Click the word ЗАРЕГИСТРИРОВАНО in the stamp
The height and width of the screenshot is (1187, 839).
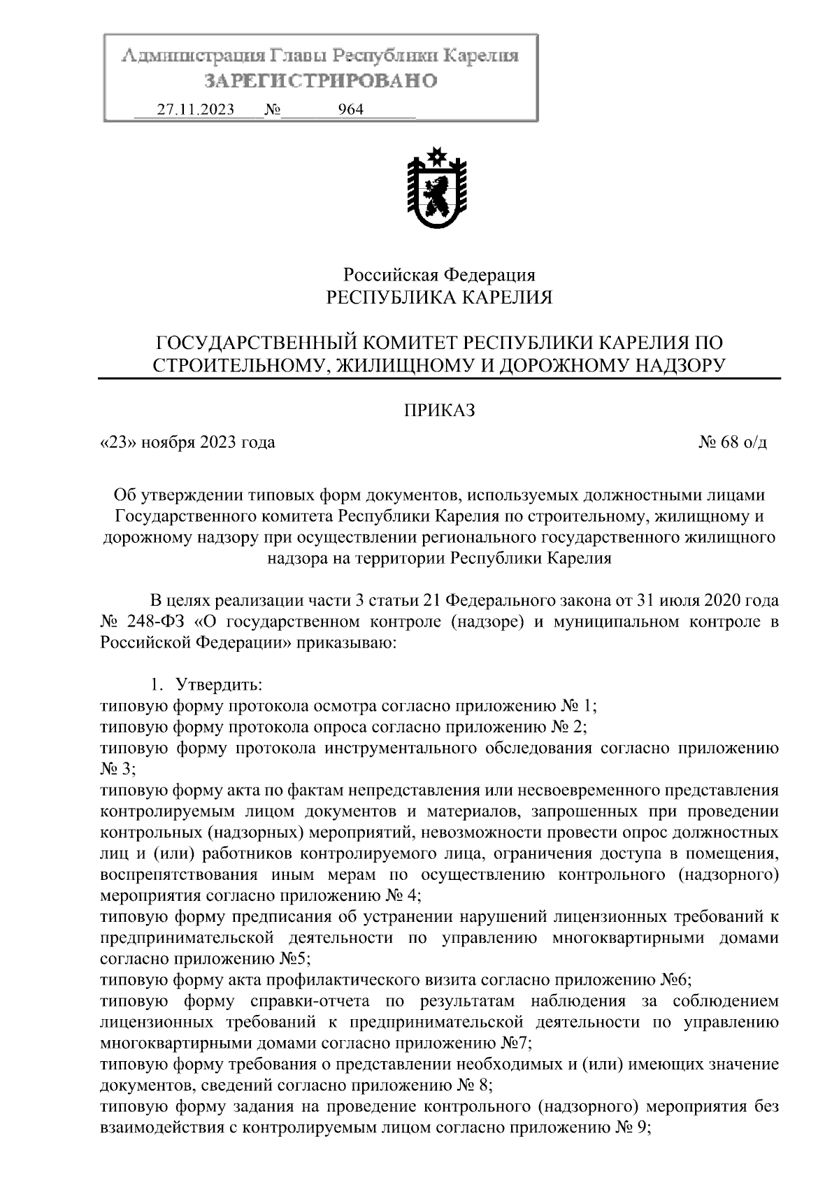point(320,81)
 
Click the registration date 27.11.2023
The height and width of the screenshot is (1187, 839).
point(195,110)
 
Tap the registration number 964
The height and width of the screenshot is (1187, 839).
point(350,110)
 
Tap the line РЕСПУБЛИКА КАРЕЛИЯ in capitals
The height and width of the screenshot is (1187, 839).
point(439,298)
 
